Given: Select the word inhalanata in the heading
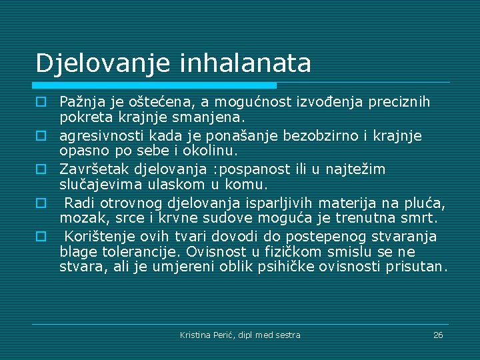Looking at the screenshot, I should point(245,63).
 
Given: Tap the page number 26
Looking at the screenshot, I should point(438,335).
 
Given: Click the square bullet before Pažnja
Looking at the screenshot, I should point(41,103).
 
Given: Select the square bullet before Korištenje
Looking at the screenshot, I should point(41,236).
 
